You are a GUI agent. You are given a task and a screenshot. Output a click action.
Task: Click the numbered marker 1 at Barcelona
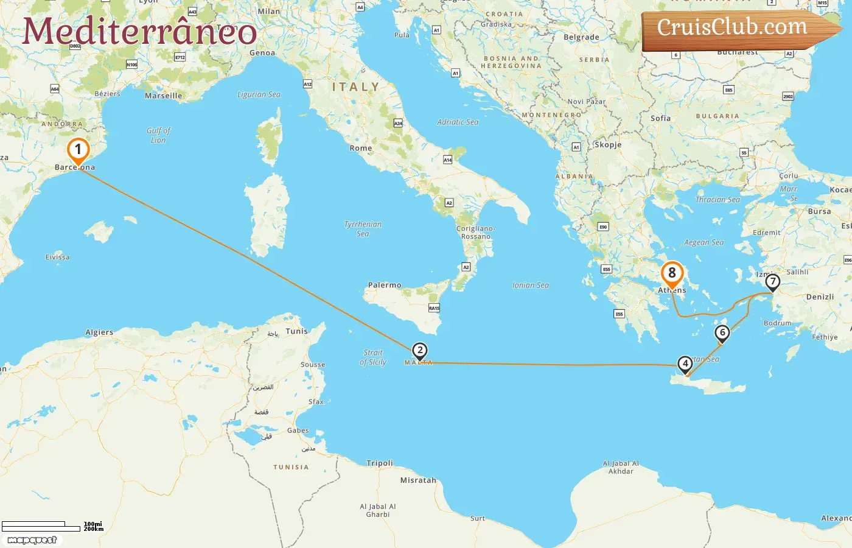point(78,150)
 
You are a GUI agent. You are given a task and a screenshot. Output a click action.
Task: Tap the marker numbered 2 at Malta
point(419,351)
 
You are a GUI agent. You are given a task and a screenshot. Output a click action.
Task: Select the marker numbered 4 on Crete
point(685,364)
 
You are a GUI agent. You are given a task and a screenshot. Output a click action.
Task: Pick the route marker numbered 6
point(722,332)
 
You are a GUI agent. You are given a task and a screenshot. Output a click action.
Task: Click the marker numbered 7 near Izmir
point(772,281)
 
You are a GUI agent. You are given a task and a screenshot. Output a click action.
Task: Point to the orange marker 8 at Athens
point(672,273)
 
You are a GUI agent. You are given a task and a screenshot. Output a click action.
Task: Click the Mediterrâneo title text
point(139,32)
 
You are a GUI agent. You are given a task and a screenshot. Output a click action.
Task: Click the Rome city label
point(361,148)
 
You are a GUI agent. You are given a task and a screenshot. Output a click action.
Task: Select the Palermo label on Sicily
point(385,285)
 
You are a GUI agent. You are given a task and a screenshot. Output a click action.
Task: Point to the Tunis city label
point(297,331)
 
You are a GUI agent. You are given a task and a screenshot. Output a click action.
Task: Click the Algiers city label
point(99,332)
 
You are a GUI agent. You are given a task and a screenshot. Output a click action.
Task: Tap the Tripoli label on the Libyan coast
point(380,463)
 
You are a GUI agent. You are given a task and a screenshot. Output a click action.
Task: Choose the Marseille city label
point(163,96)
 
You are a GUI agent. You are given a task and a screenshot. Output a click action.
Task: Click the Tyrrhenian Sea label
point(363,229)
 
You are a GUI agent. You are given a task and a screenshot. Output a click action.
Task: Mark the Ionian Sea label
point(531,285)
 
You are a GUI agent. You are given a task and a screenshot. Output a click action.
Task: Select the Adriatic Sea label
point(458,122)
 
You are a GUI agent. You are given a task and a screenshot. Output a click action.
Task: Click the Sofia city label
point(660,119)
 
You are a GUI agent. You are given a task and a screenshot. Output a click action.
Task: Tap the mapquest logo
point(32,540)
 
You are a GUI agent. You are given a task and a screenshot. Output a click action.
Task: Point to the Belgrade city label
point(581,37)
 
